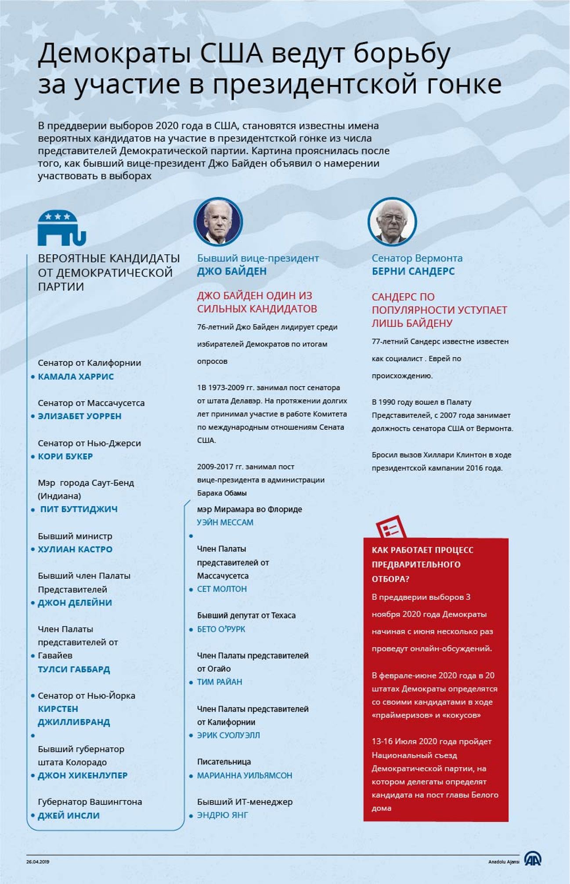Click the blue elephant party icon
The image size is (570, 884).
pos(61,228)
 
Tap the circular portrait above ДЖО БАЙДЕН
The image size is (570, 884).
pos(218,221)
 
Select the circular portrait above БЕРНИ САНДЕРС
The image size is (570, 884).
pos(392,221)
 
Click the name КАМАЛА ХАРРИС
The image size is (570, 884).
pos(76,377)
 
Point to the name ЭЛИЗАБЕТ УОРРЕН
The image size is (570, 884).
pos(79,416)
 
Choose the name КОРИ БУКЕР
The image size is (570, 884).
pos(65,456)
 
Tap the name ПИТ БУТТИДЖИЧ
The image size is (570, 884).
pos(79,509)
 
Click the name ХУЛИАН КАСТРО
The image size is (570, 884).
pos(75,549)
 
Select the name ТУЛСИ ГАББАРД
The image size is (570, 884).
pos(74,669)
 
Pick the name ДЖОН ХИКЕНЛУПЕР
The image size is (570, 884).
pos(83,775)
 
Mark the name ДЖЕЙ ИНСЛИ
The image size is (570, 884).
pos(69,815)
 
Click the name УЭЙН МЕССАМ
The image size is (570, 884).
pos(225,522)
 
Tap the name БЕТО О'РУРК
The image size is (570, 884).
pos(221,629)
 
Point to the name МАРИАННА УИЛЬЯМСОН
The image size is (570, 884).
pos(245,775)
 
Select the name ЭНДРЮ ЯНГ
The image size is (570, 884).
pos(223,815)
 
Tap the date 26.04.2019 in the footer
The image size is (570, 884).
pos(38,862)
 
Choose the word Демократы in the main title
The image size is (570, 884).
pos(114,53)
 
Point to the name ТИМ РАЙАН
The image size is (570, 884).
pos(220,682)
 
